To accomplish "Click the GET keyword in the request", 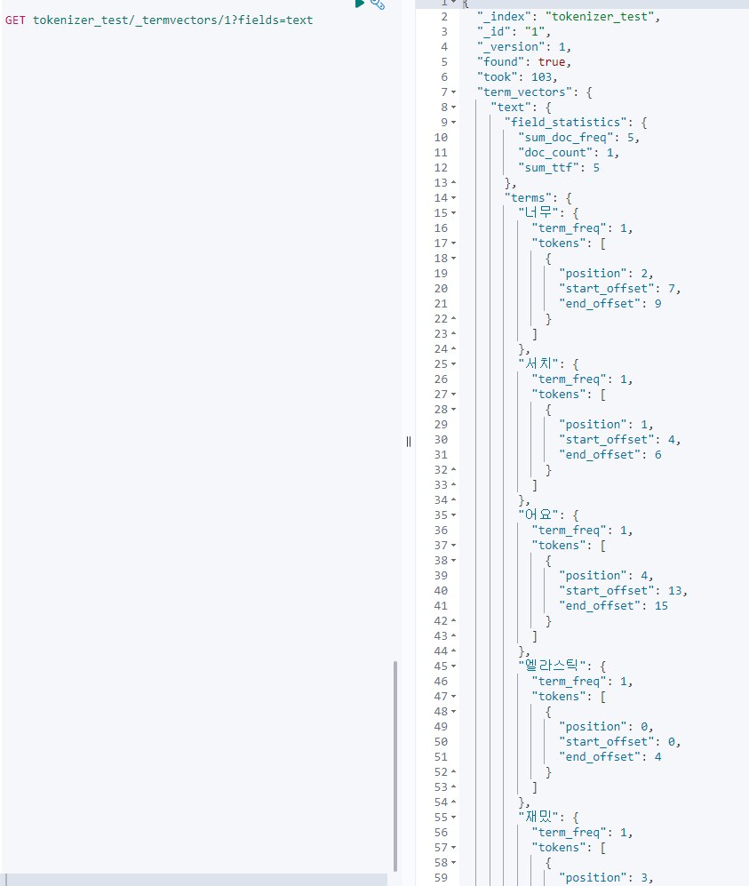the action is tap(15, 20).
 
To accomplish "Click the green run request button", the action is tap(359, 4).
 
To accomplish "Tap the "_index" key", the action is tap(505, 17).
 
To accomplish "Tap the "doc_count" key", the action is tap(555, 153).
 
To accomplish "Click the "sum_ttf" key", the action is tap(548, 168).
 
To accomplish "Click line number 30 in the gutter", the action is tap(441, 440).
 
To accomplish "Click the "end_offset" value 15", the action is tap(661, 606).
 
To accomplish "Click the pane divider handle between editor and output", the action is tap(409, 442).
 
